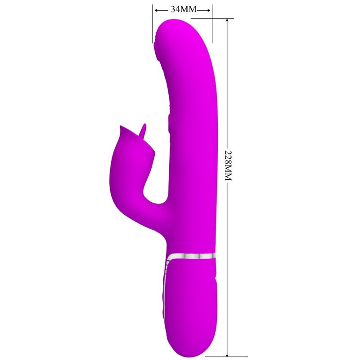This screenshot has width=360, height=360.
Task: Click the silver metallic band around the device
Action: (x=191, y=256)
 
